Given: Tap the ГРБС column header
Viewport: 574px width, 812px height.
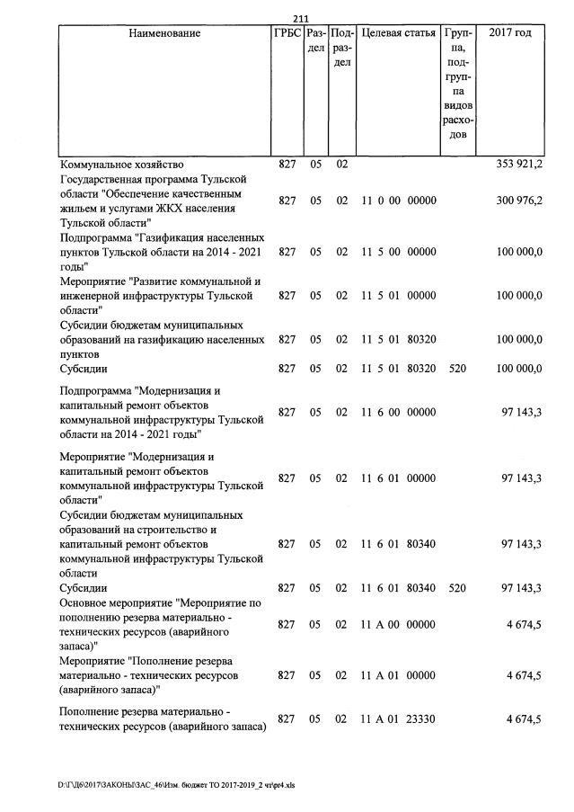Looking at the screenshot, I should click(x=287, y=33).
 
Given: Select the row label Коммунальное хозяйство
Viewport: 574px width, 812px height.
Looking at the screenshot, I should click(x=121, y=165).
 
